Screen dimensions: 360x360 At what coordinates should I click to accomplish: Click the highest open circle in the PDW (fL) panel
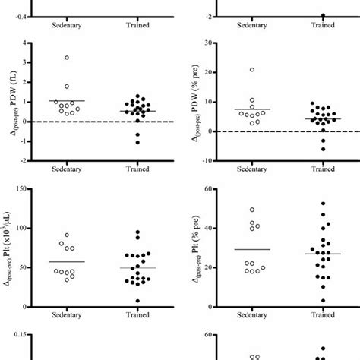[x=67, y=58]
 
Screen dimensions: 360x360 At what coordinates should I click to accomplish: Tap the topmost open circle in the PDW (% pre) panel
[x=251, y=70]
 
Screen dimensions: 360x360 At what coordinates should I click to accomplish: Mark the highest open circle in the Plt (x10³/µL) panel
[x=67, y=235]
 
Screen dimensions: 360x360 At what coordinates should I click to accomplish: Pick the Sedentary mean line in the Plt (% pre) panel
[x=251, y=249]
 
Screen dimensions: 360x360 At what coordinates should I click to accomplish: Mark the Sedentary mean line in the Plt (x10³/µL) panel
[x=67, y=262]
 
